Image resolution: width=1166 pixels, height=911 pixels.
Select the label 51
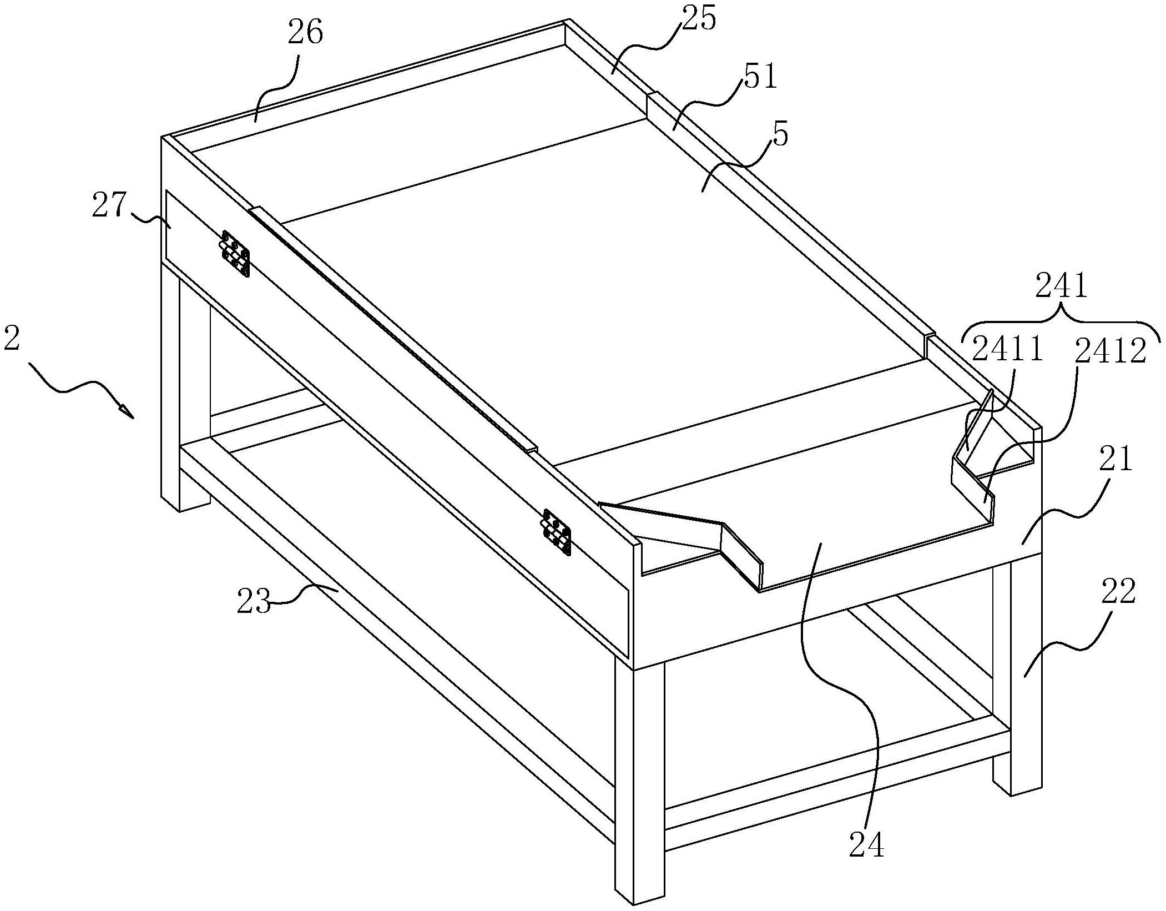point(760,78)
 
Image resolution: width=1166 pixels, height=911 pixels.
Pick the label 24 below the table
point(866,845)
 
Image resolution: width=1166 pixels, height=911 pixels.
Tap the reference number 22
point(1118,592)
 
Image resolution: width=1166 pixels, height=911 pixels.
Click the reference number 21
point(1116,460)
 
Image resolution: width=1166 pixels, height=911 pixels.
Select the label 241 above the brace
point(1062,289)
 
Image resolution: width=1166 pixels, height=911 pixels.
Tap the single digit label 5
point(780,135)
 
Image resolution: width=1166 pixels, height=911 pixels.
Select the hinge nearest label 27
point(236,253)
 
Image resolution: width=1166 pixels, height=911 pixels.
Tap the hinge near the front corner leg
point(557,531)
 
